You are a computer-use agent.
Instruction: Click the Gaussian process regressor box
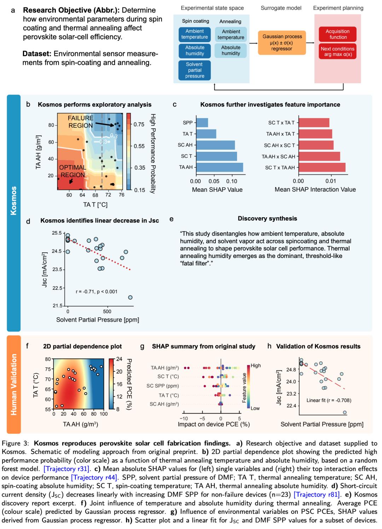point(282,42)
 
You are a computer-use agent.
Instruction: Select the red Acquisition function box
point(338,34)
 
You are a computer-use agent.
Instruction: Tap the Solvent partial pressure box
point(195,70)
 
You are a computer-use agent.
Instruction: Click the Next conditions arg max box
point(338,51)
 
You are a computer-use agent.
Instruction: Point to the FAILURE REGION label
point(81,122)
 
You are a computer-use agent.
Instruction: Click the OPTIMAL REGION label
point(73,171)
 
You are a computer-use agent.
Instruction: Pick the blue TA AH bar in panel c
point(219,167)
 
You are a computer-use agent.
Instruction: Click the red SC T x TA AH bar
point(322,167)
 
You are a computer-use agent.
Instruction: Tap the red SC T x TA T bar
point(314,123)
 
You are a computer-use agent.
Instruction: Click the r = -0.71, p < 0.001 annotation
point(97,292)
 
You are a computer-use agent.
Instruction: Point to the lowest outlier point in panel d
point(131,297)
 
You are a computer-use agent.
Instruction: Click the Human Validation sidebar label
point(14,384)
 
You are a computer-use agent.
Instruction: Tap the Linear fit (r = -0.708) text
point(329,400)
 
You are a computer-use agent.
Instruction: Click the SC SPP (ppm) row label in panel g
point(163,386)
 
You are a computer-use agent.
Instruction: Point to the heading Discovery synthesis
point(267,219)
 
